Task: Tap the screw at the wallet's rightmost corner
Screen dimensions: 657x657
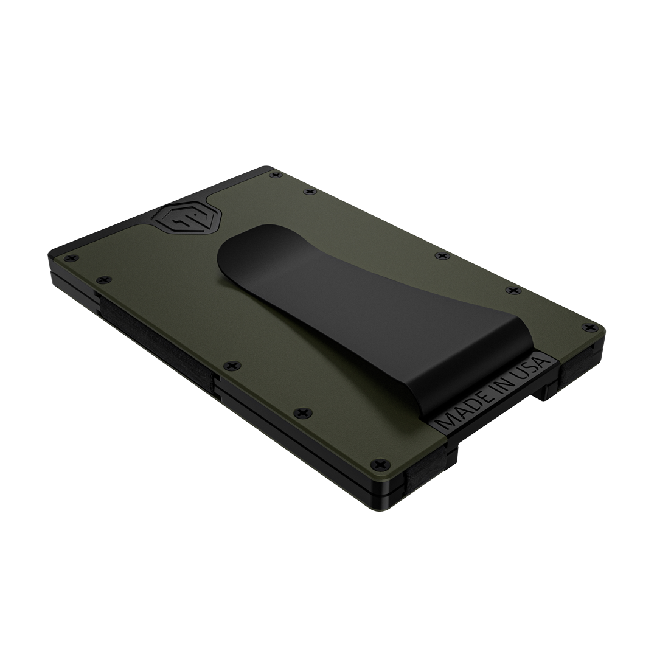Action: tap(591, 327)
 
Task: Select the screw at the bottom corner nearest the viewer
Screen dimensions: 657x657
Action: tap(380, 464)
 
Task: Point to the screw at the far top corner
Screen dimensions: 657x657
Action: tap(275, 175)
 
